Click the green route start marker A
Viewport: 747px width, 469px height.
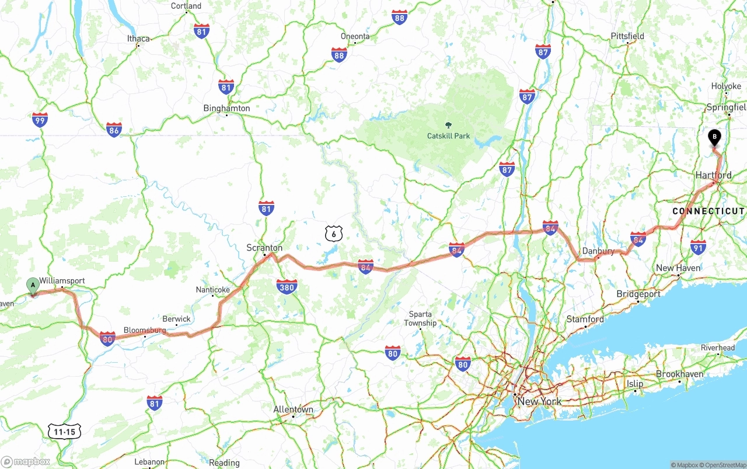coord(33,286)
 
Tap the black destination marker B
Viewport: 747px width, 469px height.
coord(714,137)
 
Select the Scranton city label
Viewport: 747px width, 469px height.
coord(264,248)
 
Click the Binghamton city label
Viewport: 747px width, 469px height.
coord(226,108)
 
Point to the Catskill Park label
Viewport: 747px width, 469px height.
coord(448,136)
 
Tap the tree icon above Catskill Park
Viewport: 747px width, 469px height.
coord(448,125)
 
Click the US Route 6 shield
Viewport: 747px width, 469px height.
coord(334,234)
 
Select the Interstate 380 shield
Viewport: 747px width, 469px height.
coord(287,286)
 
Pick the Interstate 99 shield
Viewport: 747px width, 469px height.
coord(40,120)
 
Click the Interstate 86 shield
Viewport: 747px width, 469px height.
coord(114,130)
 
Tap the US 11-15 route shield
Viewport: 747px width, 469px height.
coord(64,432)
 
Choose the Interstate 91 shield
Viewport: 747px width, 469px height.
coord(698,247)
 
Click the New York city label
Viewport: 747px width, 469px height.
coord(540,401)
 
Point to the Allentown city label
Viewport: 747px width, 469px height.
coord(294,409)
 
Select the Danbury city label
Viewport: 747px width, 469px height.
coord(598,251)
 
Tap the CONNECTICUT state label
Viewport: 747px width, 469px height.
coord(708,211)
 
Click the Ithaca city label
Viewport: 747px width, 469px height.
coord(138,39)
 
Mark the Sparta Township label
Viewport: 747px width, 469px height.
coord(420,318)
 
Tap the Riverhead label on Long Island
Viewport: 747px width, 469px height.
coord(718,348)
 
